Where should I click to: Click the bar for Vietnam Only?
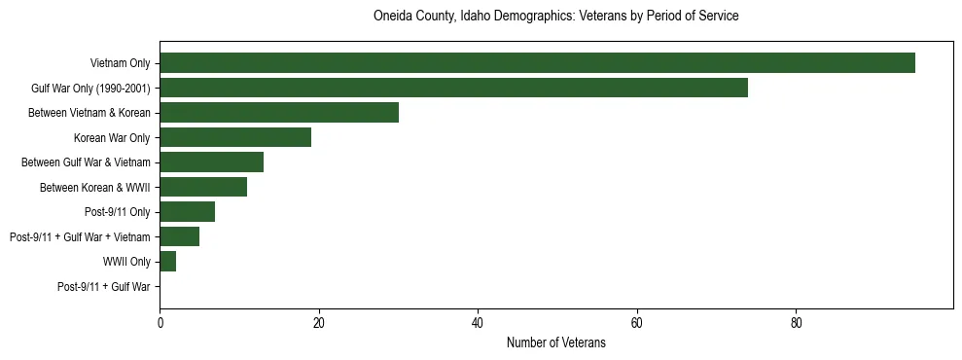coord(537,63)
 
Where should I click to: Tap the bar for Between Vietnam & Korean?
coord(279,113)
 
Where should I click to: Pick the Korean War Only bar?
coord(235,137)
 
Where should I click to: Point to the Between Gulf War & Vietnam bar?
coord(211,162)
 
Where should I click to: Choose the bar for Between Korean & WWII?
coord(203,187)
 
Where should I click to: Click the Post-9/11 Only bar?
coord(187,212)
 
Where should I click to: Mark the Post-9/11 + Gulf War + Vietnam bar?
coord(179,236)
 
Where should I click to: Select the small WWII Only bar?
coord(167,262)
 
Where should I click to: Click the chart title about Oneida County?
coord(555,17)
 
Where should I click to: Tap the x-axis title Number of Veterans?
coord(555,342)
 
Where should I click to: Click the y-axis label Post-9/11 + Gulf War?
coord(103,287)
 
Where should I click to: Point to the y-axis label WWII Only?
coord(126,262)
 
